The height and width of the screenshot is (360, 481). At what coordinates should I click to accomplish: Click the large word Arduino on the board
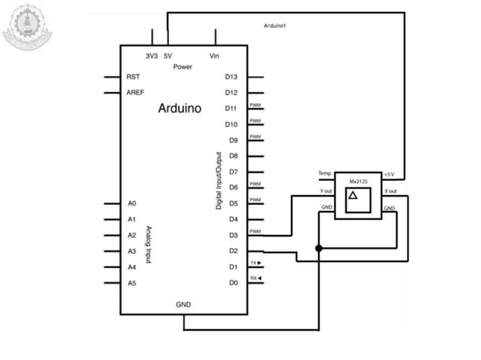click(179, 108)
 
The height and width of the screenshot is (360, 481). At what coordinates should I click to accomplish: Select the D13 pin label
click(231, 77)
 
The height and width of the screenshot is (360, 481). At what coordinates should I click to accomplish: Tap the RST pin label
click(133, 77)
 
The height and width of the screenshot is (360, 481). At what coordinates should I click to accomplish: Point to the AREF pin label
click(136, 93)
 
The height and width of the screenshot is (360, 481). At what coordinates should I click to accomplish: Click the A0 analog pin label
click(131, 203)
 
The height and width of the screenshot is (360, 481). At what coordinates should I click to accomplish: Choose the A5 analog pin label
click(131, 282)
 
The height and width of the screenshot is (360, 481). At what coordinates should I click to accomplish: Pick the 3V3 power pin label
click(152, 56)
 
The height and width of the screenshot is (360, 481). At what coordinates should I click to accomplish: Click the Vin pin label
click(214, 56)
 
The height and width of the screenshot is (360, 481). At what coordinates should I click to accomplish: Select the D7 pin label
click(233, 172)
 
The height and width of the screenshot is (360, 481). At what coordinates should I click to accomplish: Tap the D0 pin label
click(233, 282)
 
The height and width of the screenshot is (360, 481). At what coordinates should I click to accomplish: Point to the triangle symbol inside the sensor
click(353, 195)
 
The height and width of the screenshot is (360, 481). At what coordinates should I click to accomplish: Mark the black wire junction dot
click(320, 248)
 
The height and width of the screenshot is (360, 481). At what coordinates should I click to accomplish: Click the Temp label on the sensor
click(325, 174)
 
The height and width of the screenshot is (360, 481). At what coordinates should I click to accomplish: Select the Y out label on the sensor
click(325, 191)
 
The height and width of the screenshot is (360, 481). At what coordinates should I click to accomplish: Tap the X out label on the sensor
click(391, 191)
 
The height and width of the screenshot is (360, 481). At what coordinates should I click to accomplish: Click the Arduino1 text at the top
click(275, 26)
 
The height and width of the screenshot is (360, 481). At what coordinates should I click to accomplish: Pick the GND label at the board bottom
click(183, 305)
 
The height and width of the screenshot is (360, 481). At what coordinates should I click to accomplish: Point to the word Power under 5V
click(182, 67)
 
